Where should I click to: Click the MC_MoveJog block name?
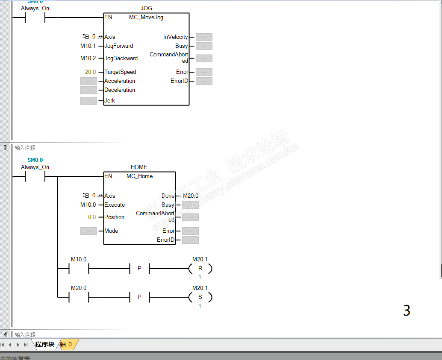pos(146,18)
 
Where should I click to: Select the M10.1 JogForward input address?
pos(88,46)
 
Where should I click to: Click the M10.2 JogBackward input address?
pos(88,59)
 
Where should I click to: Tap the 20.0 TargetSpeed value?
pos(90,72)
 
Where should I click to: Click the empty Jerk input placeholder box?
pos(88,101)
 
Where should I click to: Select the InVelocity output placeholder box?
pos(204,37)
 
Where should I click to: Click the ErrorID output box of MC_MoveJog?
pos(204,81)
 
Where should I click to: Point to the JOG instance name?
pos(146,9)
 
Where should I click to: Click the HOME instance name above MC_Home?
pos(139,167)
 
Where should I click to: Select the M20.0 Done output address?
pos(191,196)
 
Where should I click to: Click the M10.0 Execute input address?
pos(88,205)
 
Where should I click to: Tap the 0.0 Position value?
pos(92,217)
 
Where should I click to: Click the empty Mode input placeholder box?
pos(88,231)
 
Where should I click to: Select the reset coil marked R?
pos(200,269)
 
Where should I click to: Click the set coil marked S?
pos(200,297)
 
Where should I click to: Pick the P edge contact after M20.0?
pos(139,297)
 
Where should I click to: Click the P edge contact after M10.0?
pos(139,269)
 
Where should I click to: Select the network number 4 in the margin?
pos(5,334)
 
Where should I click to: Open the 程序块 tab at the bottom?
pos(44,345)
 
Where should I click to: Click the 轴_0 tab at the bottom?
pos(66,345)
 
